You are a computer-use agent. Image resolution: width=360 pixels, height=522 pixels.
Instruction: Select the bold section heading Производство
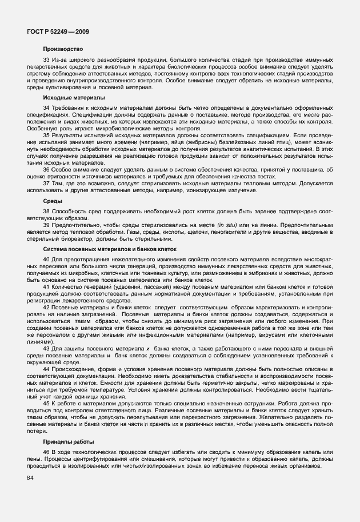pyautogui.click(x=63, y=49)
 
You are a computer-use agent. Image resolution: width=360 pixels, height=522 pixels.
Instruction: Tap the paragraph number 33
pyautogui.click(x=46, y=59)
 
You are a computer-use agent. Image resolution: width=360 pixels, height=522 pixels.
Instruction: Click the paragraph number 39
pyautogui.click(x=46, y=225)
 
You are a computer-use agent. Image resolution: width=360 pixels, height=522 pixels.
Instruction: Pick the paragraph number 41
pyautogui.click(x=46, y=286)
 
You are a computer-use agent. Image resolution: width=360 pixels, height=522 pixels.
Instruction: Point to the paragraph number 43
pyautogui.click(x=46, y=348)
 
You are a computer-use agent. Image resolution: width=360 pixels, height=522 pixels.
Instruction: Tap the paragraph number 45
pyautogui.click(x=46, y=403)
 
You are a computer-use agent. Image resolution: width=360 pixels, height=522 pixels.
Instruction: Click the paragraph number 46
pyautogui.click(x=46, y=452)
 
